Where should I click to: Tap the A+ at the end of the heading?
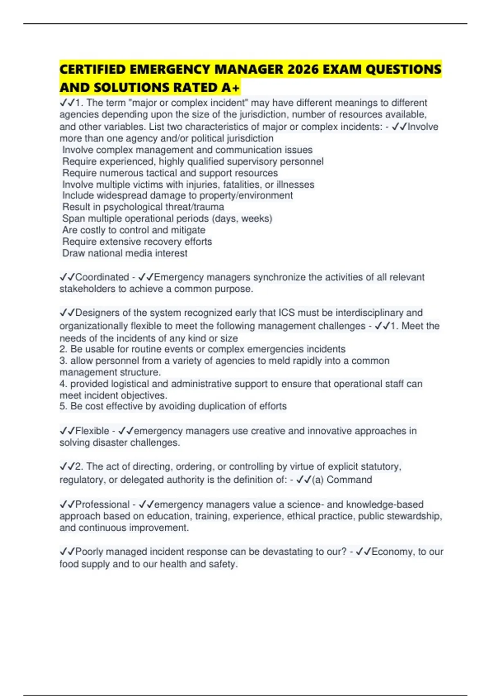232,88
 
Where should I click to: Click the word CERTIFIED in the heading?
92,69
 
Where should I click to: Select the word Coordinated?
102,277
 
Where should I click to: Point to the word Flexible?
92,431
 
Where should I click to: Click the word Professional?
102,504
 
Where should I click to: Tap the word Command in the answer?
349,480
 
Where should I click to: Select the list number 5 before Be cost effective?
63,406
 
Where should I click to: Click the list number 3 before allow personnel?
63,361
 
